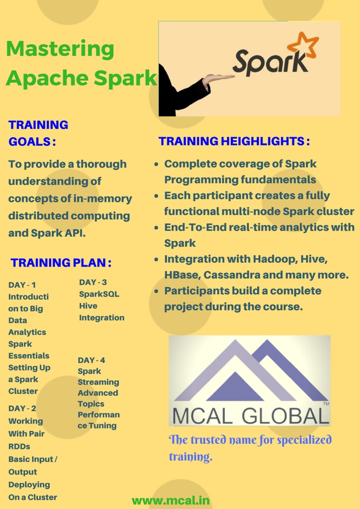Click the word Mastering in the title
click(x=60, y=49)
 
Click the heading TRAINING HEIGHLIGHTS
click(x=234, y=141)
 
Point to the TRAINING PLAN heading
click(x=61, y=262)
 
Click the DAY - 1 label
click(x=22, y=285)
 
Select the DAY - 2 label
click(x=22, y=409)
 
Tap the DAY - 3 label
click(x=92, y=282)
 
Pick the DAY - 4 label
click(x=91, y=360)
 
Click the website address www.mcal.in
click(x=171, y=500)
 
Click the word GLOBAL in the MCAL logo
click(x=283, y=416)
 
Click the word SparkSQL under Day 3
click(x=99, y=294)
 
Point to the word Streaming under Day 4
click(x=98, y=382)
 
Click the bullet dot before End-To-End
click(x=157, y=227)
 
